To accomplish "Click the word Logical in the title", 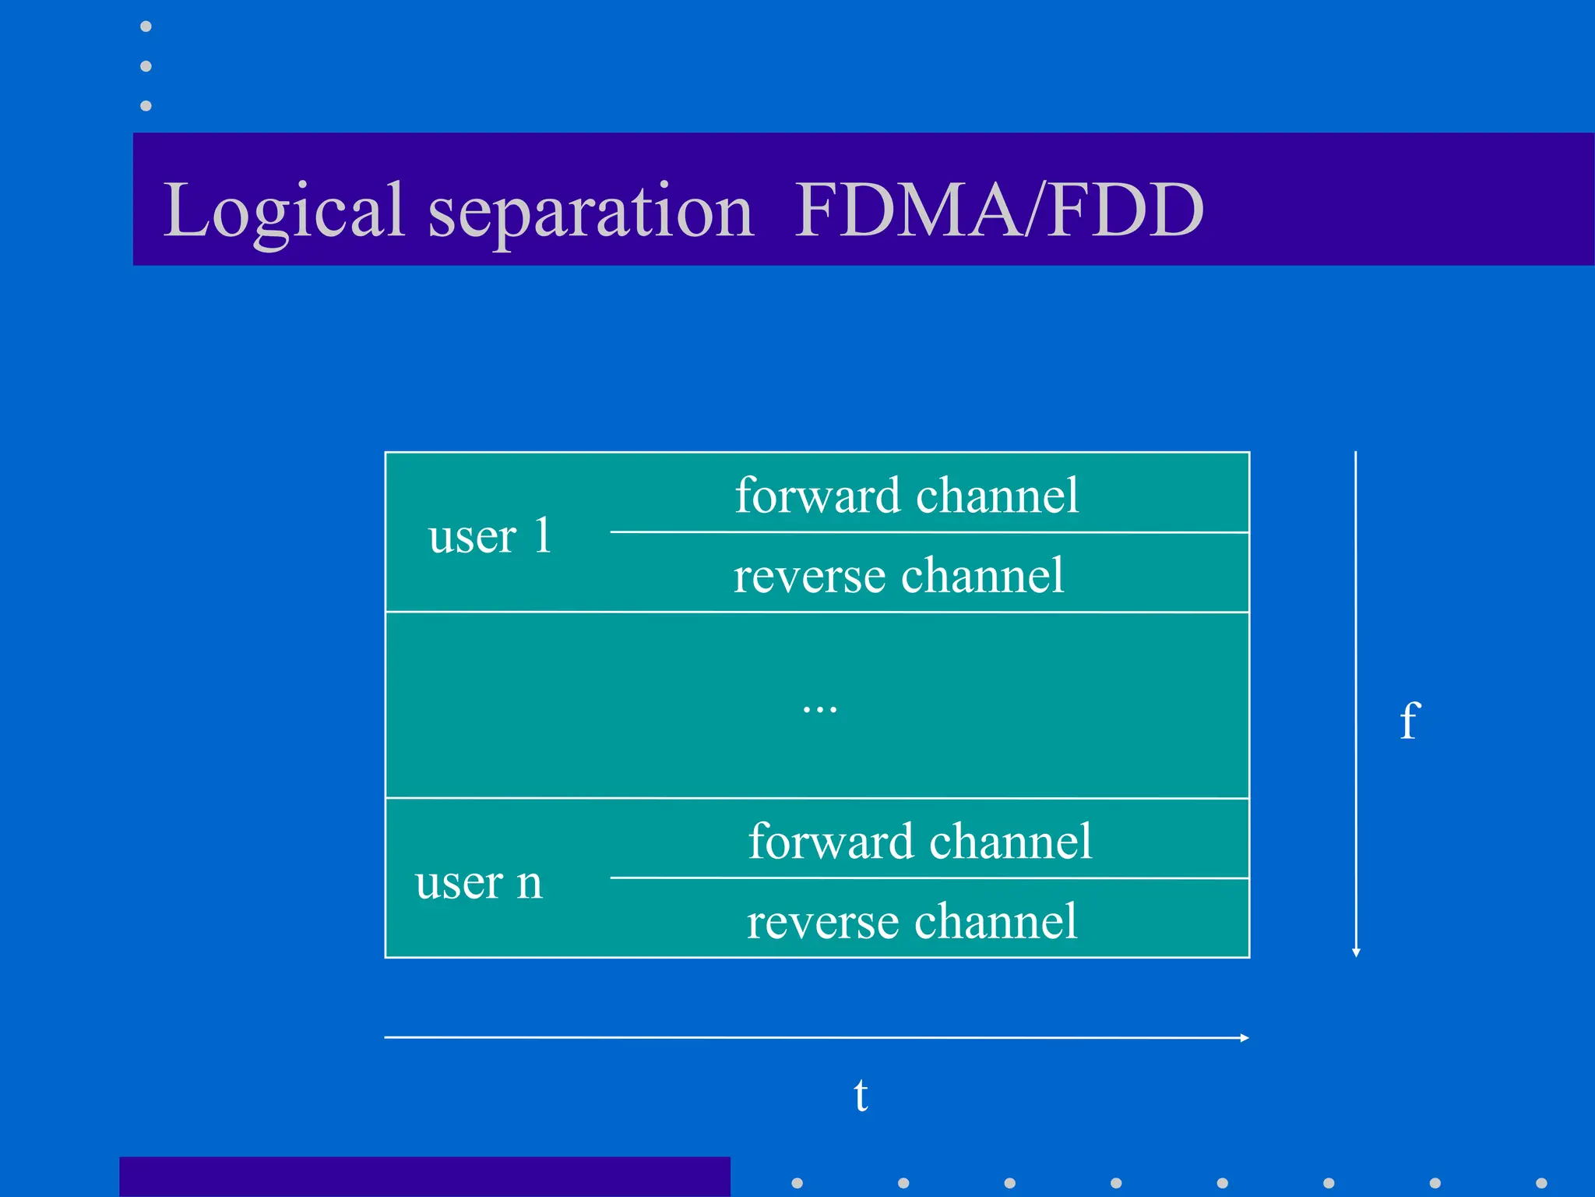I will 284,210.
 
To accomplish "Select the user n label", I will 478,882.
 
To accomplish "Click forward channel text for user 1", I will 907,496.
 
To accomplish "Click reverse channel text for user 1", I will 898,576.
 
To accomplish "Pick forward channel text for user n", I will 920,842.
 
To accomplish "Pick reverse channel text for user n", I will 911,922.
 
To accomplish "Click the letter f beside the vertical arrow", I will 1410,720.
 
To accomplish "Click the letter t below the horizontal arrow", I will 861,1096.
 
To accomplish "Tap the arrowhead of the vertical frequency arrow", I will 1356,952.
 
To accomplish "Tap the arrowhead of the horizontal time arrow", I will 1245,1038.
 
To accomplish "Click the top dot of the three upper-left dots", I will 146,26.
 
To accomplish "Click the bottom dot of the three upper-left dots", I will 146,105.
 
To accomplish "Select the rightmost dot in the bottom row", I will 1541,1183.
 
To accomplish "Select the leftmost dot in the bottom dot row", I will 797,1183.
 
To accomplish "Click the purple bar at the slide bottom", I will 424,1177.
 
